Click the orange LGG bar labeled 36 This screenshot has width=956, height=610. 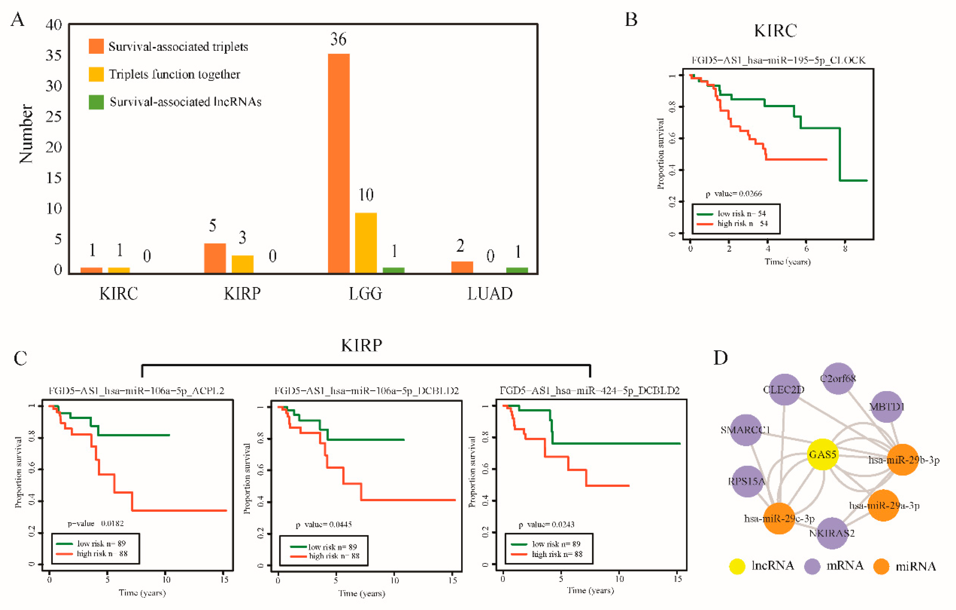click(x=338, y=163)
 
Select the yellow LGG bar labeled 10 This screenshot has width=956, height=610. click(x=366, y=243)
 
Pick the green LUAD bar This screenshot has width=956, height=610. click(x=517, y=270)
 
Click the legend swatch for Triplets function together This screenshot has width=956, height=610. click(x=96, y=74)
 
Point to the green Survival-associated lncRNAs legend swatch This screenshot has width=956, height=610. click(x=96, y=102)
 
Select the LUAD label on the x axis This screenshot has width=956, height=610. click(x=490, y=294)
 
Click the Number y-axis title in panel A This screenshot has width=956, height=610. click(x=26, y=134)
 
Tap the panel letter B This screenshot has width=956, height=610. click(x=631, y=20)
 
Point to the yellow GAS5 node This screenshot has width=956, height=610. click(x=823, y=454)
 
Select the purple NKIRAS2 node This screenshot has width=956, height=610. click(x=832, y=533)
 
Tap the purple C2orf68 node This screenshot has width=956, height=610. click(x=838, y=378)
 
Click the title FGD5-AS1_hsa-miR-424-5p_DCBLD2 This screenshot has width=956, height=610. click(x=590, y=391)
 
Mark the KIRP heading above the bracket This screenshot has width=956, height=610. click(x=362, y=345)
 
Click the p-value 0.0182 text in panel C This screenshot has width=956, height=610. click(x=96, y=523)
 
